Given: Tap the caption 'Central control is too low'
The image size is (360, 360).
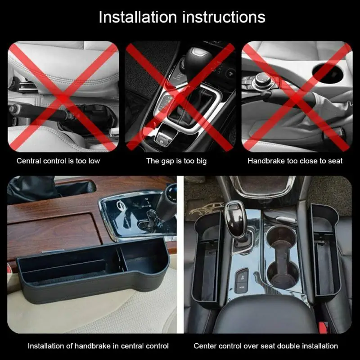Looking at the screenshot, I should (x=58, y=161).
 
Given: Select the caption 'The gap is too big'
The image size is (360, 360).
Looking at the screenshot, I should (x=176, y=161).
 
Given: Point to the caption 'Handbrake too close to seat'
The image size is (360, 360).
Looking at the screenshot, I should (x=295, y=161).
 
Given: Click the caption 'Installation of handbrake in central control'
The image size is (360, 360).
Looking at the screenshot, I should (x=98, y=346).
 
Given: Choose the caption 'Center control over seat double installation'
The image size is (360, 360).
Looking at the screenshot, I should (x=265, y=346).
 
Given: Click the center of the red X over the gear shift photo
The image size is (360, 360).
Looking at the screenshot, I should (x=180, y=96).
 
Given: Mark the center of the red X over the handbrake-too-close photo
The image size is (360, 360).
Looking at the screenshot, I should (x=297, y=96).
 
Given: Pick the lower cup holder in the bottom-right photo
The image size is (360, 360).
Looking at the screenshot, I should (x=280, y=272).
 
